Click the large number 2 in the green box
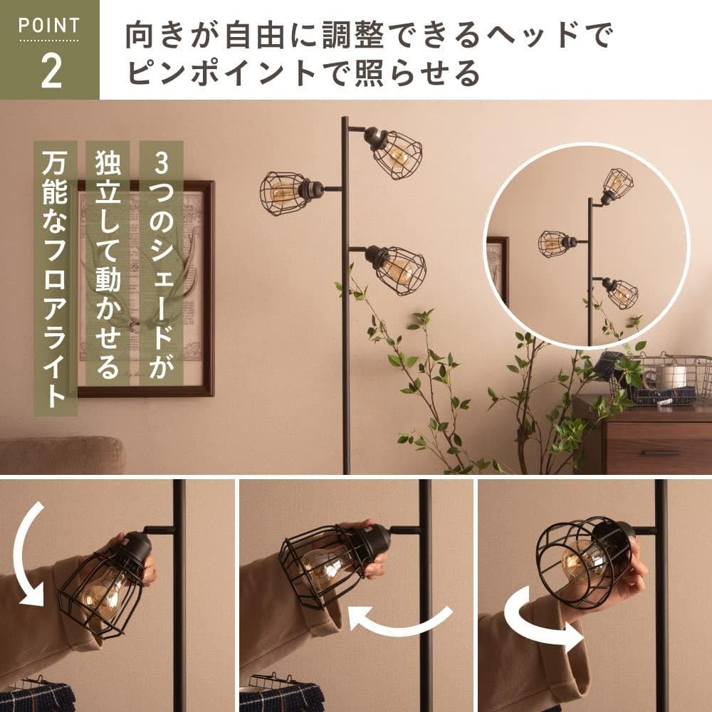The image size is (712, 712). [51, 71]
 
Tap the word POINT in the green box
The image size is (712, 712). [49, 26]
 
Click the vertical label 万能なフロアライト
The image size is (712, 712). [56, 278]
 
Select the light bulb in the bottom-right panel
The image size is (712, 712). [577, 559]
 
